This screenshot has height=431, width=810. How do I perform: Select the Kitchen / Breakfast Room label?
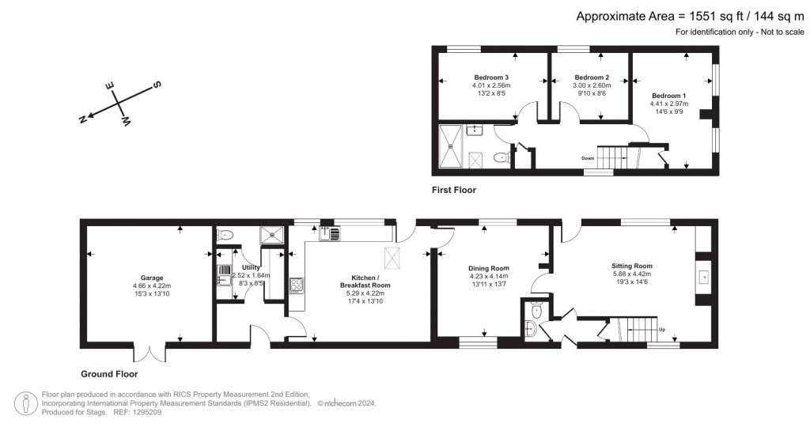pyautogui.click(x=365, y=282)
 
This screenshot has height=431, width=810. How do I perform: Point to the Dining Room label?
pyautogui.click(x=488, y=268)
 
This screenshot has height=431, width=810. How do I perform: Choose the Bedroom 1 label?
pyautogui.click(x=668, y=95)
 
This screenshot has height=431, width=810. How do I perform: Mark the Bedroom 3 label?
pyautogui.click(x=490, y=77)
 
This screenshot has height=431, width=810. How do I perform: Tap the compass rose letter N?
pyautogui.click(x=82, y=118)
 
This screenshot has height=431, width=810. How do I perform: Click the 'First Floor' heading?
pyautogui.click(x=453, y=190)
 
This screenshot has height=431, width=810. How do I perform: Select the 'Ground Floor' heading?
pyautogui.click(x=109, y=374)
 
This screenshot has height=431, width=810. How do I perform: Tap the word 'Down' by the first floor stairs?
pyautogui.click(x=588, y=157)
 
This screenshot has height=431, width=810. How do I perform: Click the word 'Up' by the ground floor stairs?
pyautogui.click(x=662, y=329)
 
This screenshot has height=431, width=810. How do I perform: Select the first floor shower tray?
pyautogui.click(x=452, y=149)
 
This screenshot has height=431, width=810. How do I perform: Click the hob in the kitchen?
pyautogui.click(x=297, y=285)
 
